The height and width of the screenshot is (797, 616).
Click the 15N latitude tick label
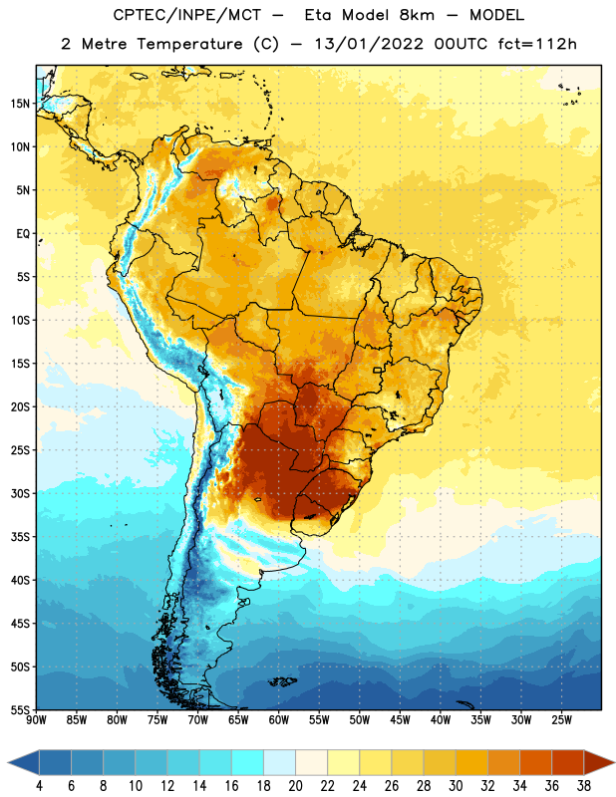pyautogui.click(x=20, y=104)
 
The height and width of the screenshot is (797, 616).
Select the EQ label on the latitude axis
pyautogui.click(x=23, y=234)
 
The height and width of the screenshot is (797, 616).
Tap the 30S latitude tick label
pyautogui.click(x=20, y=493)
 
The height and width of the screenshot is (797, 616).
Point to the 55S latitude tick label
pyautogui.click(x=20, y=709)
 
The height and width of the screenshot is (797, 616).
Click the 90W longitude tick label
pyautogui.click(x=36, y=720)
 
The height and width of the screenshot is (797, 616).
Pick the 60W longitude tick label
pyautogui.click(x=279, y=720)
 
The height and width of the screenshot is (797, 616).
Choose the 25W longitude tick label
pyautogui.click(x=561, y=720)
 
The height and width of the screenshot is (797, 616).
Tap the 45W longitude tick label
pyautogui.click(x=400, y=720)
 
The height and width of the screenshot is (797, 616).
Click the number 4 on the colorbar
pyautogui.click(x=39, y=786)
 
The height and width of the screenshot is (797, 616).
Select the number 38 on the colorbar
pyautogui.click(x=584, y=786)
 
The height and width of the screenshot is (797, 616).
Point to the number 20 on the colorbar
pyautogui.click(x=295, y=786)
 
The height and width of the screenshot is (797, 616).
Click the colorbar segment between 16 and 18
pyautogui.click(x=248, y=762)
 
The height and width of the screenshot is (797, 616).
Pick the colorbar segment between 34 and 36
pyautogui.click(x=536, y=762)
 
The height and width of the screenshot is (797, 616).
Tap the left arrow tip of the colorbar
pyautogui.click(x=8, y=762)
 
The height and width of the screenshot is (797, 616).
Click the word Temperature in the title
pyautogui.click(x=189, y=44)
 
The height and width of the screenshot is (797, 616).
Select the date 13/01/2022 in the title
pyautogui.click(x=369, y=44)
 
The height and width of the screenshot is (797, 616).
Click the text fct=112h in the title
pyautogui.click(x=537, y=44)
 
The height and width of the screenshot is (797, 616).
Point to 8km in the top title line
pyautogui.click(x=417, y=15)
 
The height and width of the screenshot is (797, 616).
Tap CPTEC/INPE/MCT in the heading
pyautogui.click(x=186, y=15)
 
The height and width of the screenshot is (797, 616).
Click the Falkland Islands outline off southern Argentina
pyautogui.click(x=283, y=681)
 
